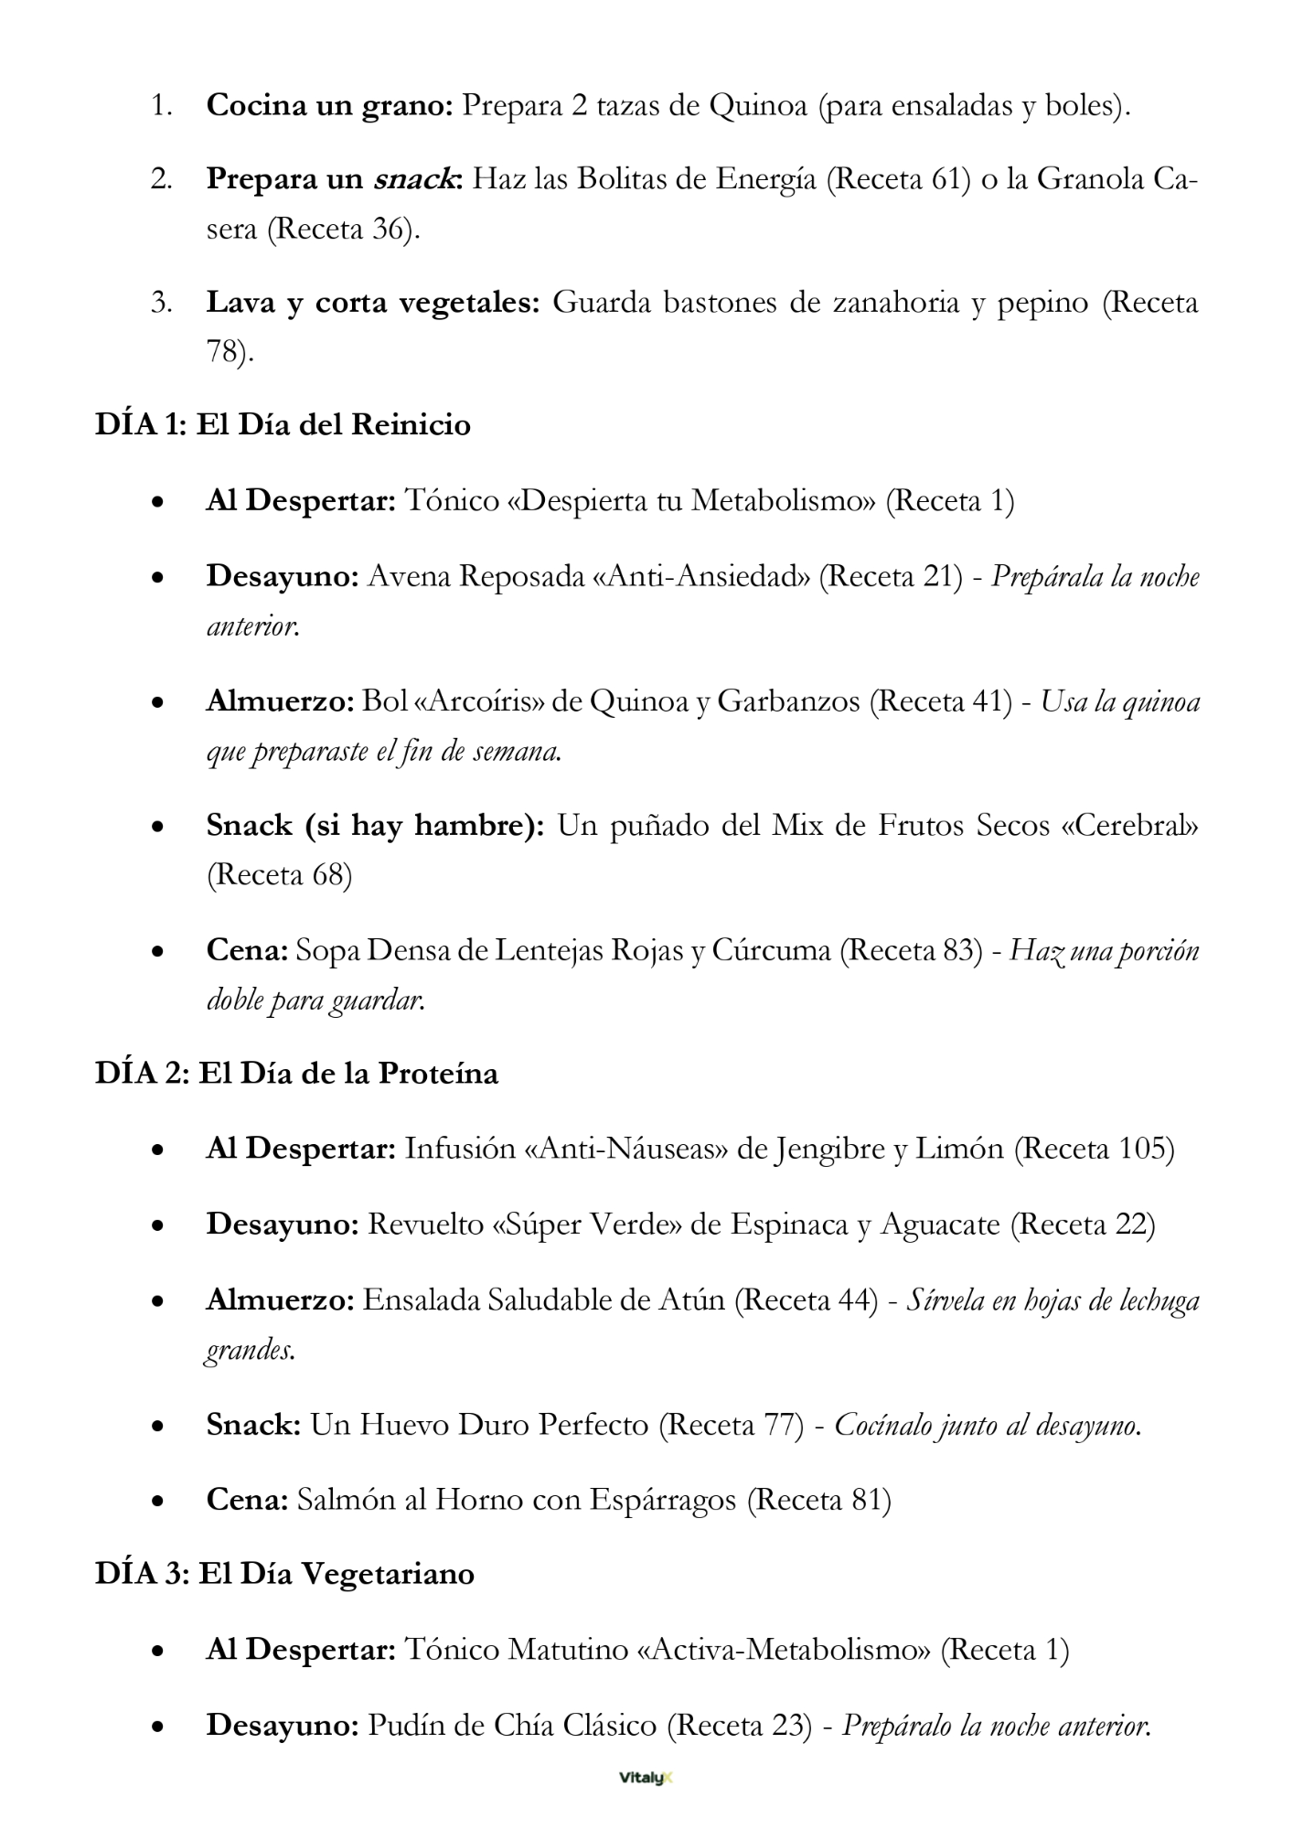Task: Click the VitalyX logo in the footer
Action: pos(646,1779)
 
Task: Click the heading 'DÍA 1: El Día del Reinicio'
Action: pos(283,425)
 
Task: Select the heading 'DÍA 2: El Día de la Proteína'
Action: pos(296,1073)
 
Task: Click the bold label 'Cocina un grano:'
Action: pos(330,106)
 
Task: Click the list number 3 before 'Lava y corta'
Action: pos(161,303)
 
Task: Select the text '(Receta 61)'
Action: pos(898,179)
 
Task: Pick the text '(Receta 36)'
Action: pos(343,229)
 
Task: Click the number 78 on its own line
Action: pos(224,352)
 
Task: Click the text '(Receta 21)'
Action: pos(890,577)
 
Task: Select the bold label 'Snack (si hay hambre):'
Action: pos(375,826)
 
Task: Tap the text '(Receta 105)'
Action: pos(1094,1149)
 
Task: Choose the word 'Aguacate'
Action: pos(940,1225)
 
